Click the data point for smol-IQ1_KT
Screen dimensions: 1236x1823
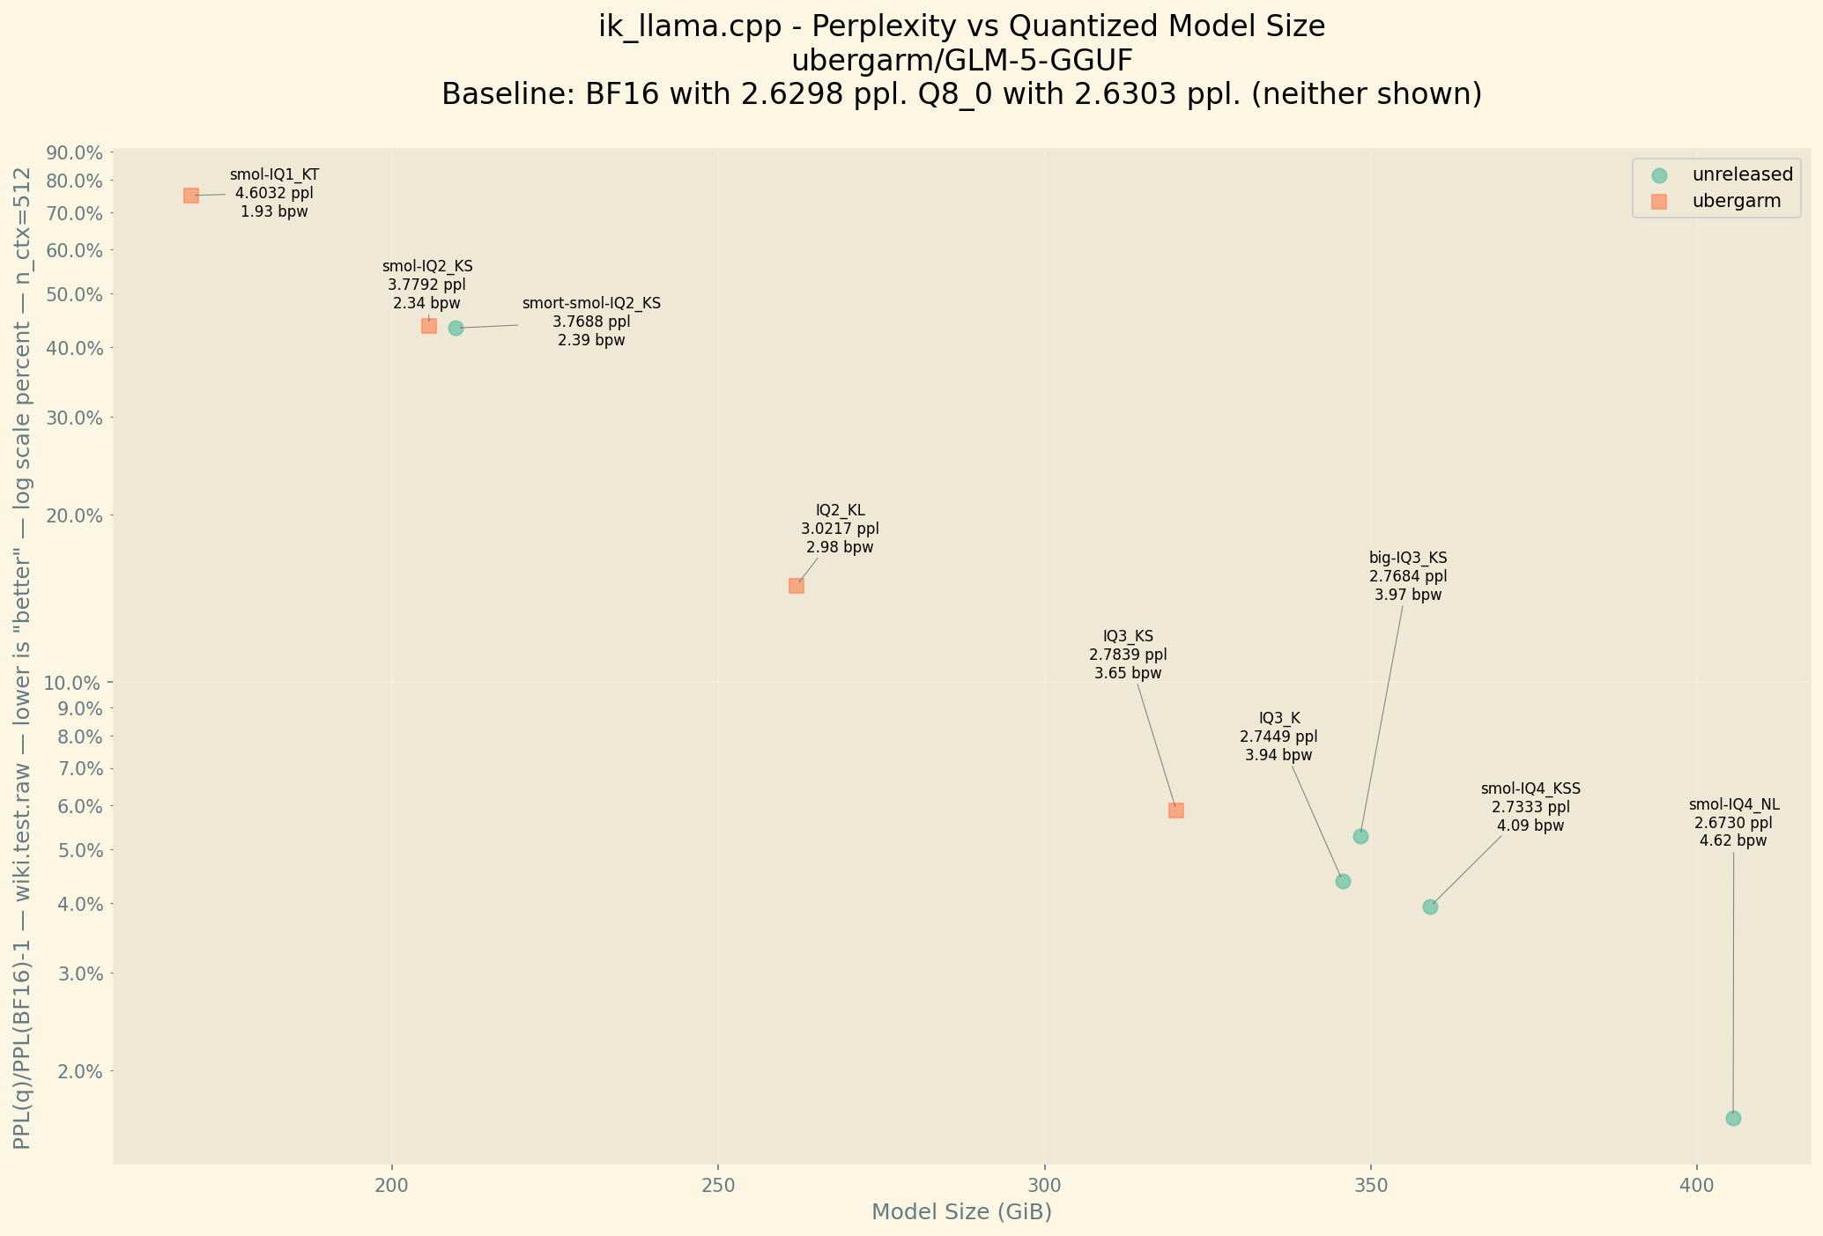pos(191,196)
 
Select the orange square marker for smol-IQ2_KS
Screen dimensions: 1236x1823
pos(429,326)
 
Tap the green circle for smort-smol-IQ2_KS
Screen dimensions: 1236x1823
pos(456,329)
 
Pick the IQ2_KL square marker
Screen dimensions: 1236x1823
pos(797,586)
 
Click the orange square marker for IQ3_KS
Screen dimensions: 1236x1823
pos(1176,810)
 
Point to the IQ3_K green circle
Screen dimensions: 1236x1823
pos(1343,882)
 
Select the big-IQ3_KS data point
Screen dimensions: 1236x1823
pos(1360,836)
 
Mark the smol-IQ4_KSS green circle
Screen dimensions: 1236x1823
pos(1430,907)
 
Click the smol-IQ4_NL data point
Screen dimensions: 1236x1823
pos(1733,1119)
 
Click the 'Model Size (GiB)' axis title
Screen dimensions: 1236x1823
pos(961,1213)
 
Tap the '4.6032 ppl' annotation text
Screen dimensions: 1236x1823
pos(274,193)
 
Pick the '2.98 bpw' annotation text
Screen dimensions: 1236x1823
pos(840,547)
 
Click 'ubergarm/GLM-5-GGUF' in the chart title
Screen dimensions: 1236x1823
pos(961,61)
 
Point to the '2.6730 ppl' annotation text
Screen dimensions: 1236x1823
pos(1733,823)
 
